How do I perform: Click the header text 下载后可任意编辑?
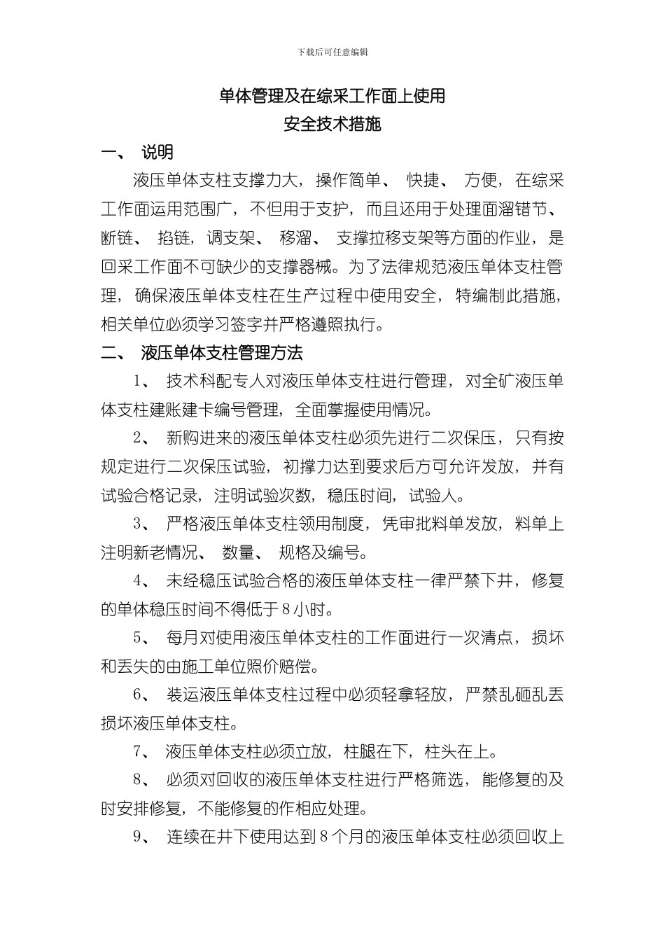[x=332, y=53]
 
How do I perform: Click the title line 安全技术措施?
[x=332, y=125]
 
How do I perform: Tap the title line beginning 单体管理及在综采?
[x=332, y=97]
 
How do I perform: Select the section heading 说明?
[x=157, y=153]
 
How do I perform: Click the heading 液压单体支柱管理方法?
[x=222, y=352]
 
